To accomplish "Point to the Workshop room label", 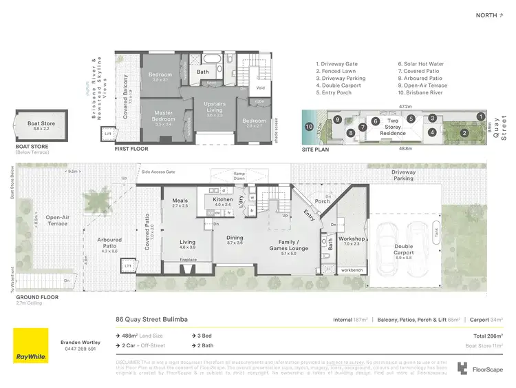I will click(352, 241).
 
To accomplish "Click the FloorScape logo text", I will click(487, 369).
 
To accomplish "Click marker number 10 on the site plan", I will click(310, 126).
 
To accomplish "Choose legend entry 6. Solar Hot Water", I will click(420, 64).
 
